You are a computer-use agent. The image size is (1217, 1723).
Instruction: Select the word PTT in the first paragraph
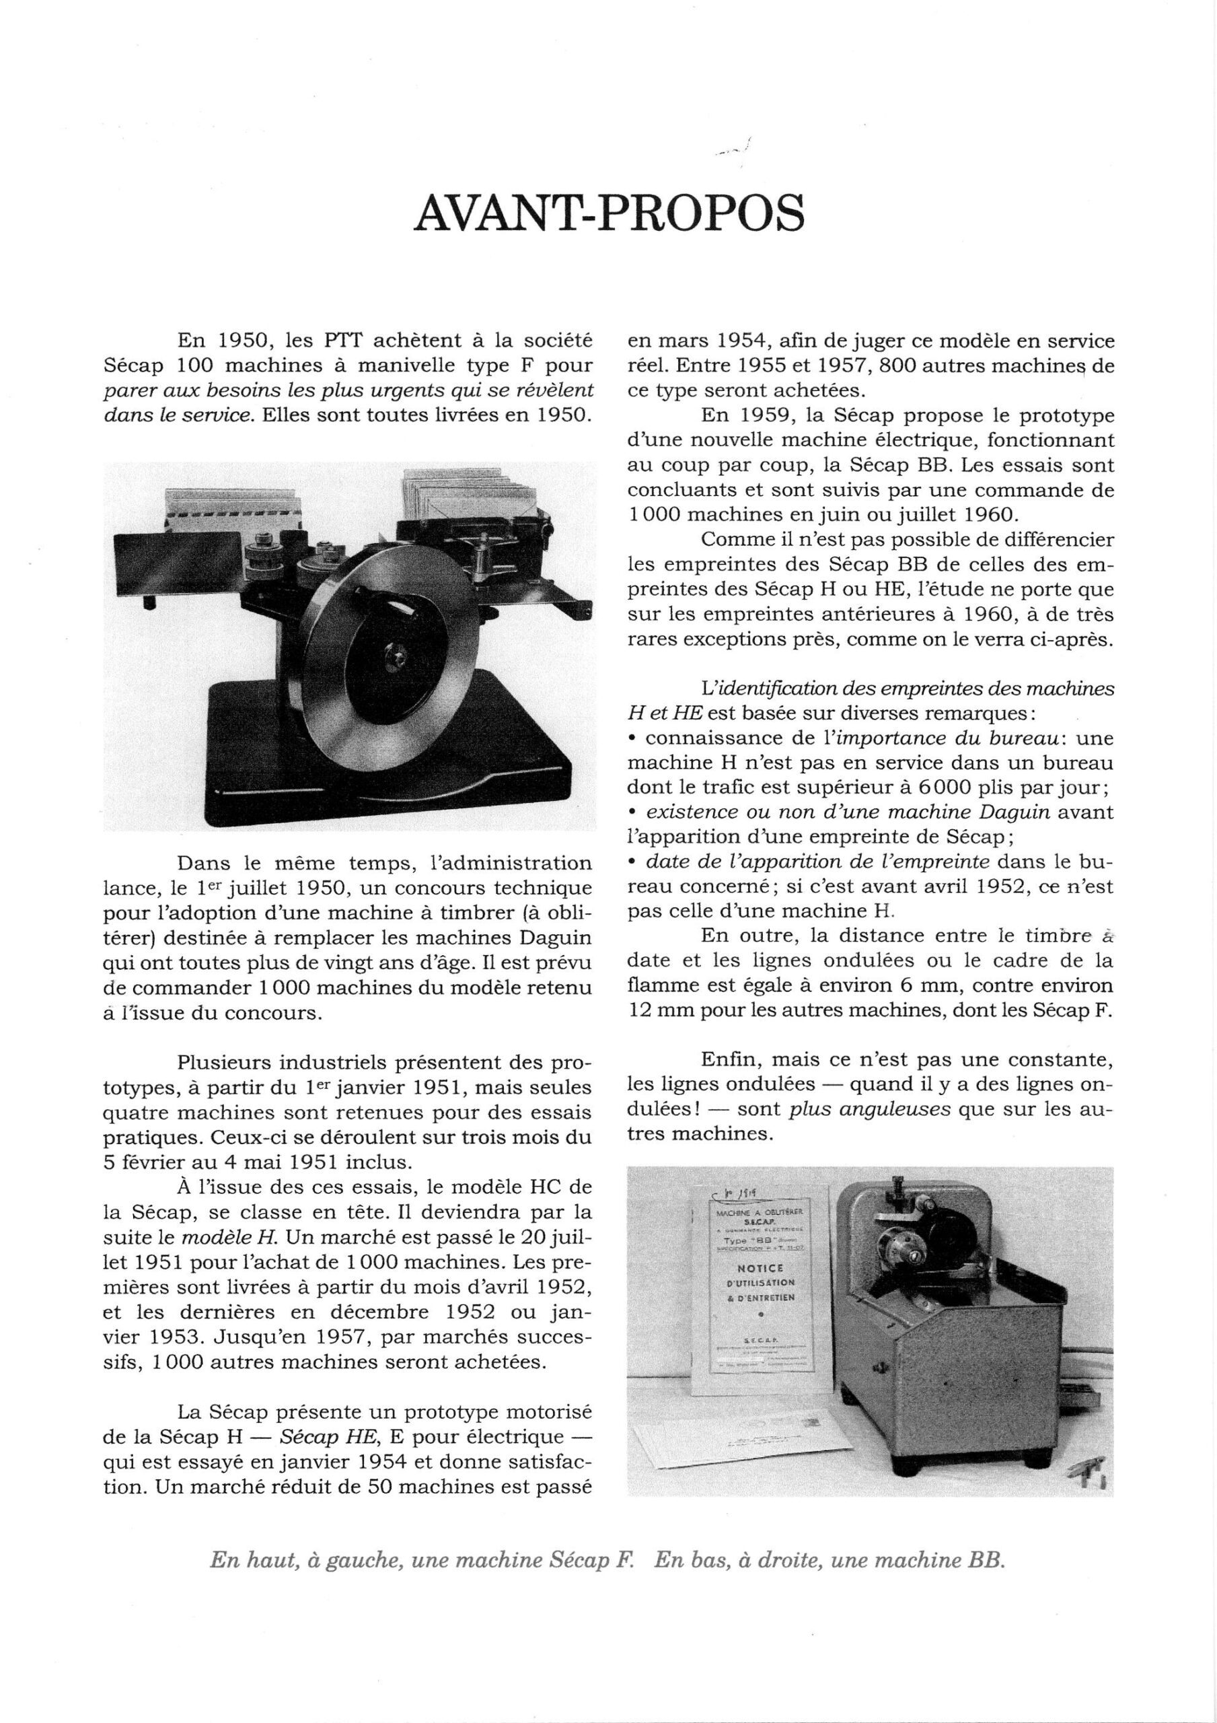pos(343,341)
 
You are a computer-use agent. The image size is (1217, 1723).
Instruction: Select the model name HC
pos(525,1187)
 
